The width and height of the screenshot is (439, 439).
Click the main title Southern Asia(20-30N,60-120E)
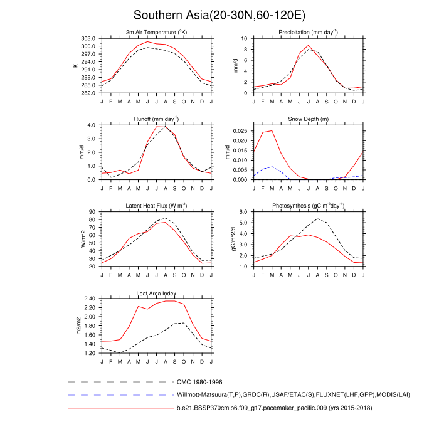(x=219, y=15)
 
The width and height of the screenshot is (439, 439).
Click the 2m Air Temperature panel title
(x=157, y=32)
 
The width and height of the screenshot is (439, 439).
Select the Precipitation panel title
(x=309, y=32)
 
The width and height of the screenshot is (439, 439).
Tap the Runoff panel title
(x=157, y=119)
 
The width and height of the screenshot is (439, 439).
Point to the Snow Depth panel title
(x=309, y=119)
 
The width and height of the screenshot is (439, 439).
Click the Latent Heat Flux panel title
(x=157, y=206)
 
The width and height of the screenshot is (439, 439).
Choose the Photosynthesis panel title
(x=309, y=206)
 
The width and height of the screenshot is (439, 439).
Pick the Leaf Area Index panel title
(x=157, y=293)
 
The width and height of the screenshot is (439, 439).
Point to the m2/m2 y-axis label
(x=78, y=325)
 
